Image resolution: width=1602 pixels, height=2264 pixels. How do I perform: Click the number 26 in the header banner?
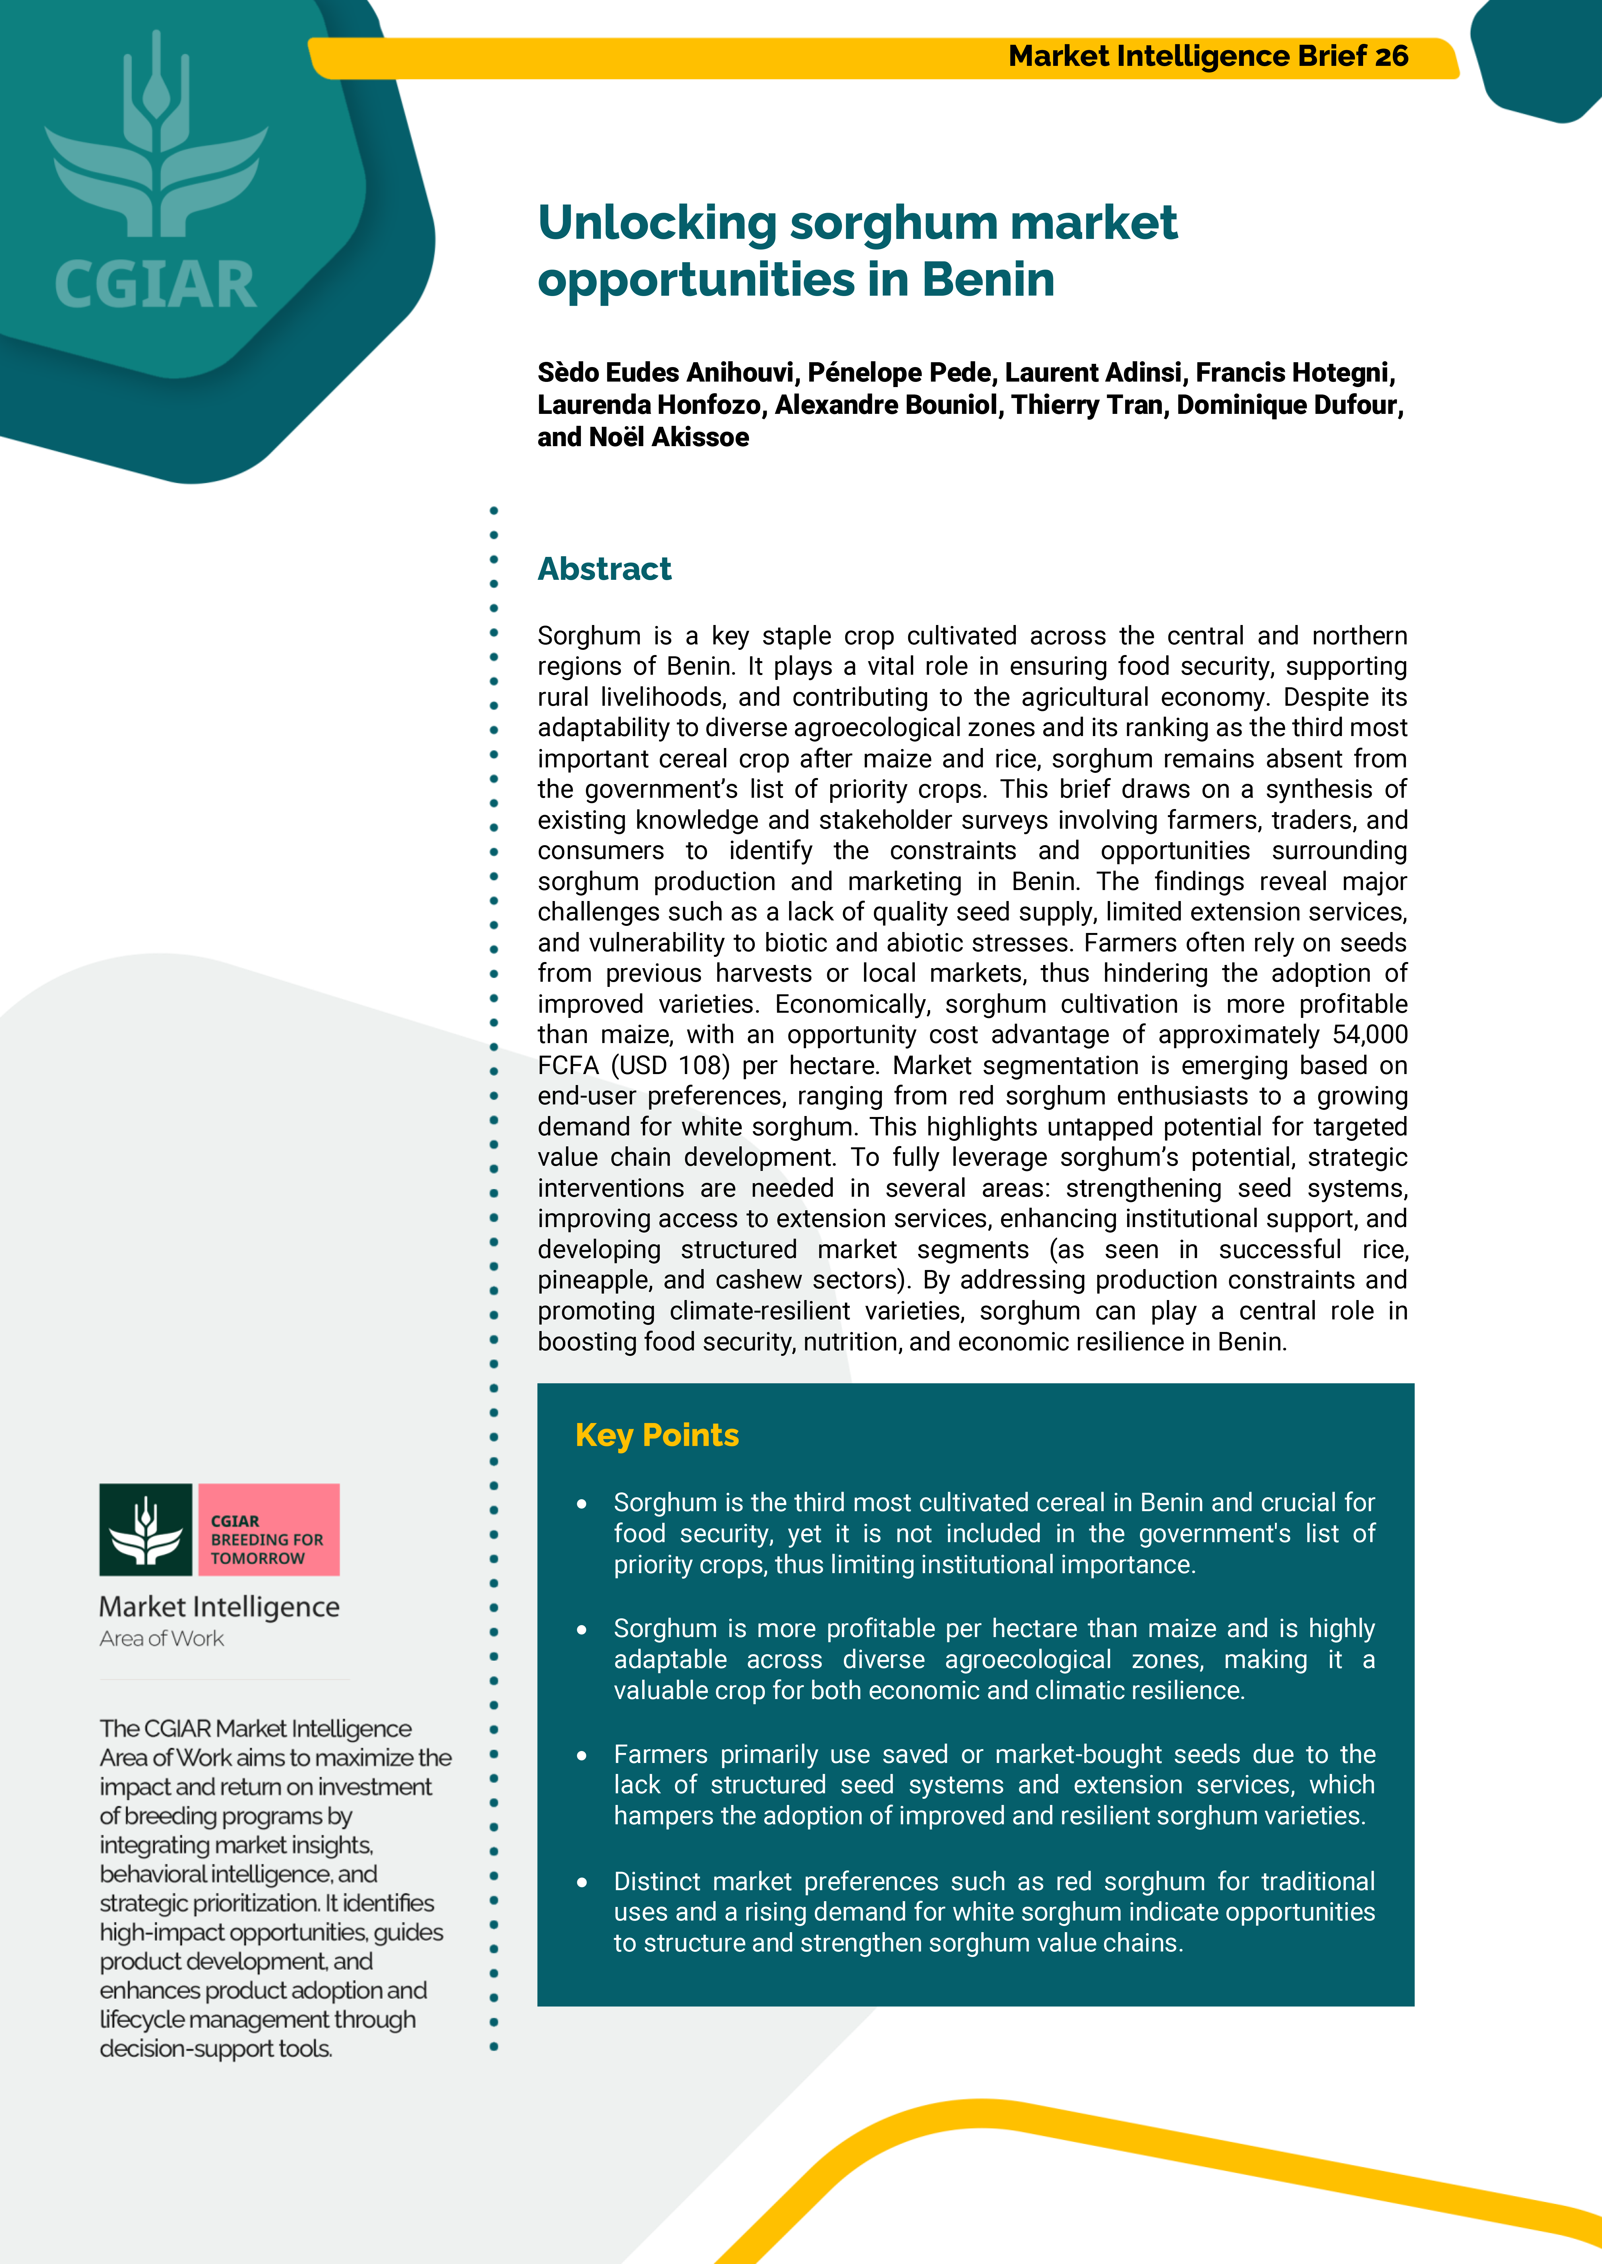[1391, 56]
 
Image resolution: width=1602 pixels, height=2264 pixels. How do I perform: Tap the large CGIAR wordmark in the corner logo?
[156, 285]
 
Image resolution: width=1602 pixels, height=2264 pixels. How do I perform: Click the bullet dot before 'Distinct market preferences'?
[582, 1882]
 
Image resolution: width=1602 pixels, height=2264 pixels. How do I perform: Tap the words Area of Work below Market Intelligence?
[162, 1639]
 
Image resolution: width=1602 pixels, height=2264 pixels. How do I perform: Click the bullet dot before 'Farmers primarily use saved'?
[582, 1755]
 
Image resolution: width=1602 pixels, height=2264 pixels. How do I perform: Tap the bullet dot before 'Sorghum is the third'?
[582, 1503]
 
